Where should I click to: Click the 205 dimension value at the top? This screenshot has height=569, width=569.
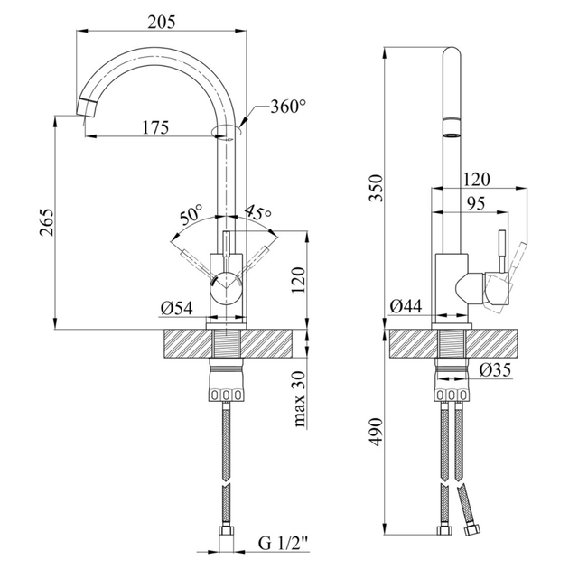click(x=161, y=22)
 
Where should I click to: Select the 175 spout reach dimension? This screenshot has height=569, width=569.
click(x=155, y=127)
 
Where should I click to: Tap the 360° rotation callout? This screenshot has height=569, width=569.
click(x=288, y=107)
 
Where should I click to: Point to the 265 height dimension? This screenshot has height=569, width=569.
click(x=46, y=222)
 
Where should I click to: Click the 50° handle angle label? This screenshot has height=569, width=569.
click(x=191, y=214)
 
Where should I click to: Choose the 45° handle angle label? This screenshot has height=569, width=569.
click(x=257, y=213)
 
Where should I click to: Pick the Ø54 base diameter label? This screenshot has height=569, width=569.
click(x=177, y=308)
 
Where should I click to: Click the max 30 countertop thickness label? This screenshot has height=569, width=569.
click(x=299, y=399)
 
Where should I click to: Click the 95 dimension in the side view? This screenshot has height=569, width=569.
click(x=475, y=203)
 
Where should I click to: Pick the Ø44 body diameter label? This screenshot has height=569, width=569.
click(x=406, y=306)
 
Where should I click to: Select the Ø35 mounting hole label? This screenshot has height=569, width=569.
click(x=495, y=370)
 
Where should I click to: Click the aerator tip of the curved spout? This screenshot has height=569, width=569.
click(x=87, y=107)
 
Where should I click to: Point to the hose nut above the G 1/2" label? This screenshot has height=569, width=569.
click(x=226, y=534)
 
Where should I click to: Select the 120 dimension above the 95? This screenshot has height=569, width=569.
click(x=476, y=180)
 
